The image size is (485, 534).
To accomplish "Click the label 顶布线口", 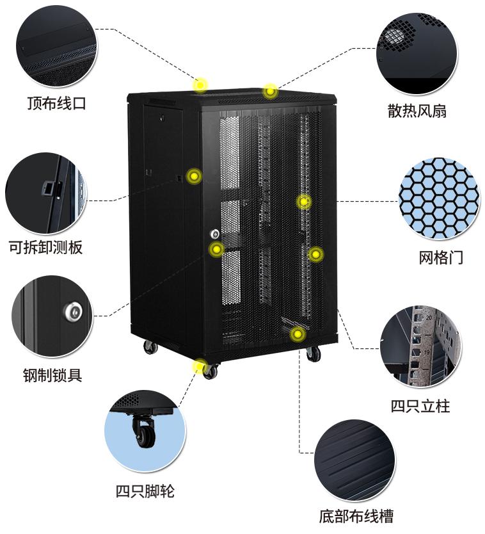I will click(56, 103).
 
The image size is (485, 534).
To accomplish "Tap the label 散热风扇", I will click(417, 111).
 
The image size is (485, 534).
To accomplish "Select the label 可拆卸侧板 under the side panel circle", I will click(45, 247).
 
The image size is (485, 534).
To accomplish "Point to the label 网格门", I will click(441, 257).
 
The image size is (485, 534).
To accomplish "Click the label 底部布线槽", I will click(356, 515).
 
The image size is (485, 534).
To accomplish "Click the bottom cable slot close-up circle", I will click(354, 460).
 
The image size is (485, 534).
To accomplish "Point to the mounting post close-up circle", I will click(420, 346).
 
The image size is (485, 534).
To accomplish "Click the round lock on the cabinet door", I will click(215, 234).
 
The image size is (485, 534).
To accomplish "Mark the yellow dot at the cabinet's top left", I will click(201, 85).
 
